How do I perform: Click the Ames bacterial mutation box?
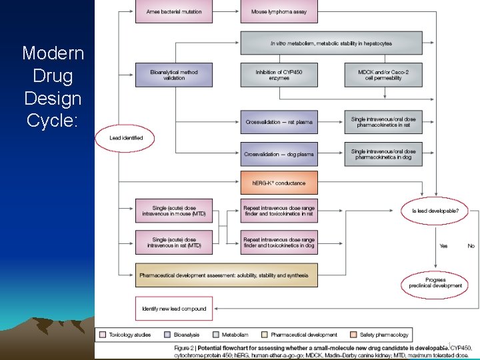(x=174, y=12)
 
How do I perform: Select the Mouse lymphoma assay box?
(x=279, y=12)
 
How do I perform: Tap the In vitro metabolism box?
(x=331, y=43)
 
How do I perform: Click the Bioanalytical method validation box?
(x=174, y=75)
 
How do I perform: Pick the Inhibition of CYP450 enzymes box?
(x=279, y=75)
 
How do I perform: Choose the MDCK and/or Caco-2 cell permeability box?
(x=383, y=75)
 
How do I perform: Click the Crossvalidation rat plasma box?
(x=279, y=122)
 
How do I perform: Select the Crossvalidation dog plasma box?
(x=279, y=154)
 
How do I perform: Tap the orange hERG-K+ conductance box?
(x=279, y=183)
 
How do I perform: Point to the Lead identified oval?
(x=127, y=138)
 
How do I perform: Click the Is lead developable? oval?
(x=439, y=211)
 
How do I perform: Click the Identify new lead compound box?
(x=174, y=309)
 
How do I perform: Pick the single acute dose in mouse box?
(x=174, y=211)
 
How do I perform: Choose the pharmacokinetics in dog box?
(x=383, y=154)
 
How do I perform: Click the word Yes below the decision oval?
(x=443, y=246)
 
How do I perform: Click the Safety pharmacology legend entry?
(x=379, y=335)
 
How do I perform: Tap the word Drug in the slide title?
(x=53, y=75)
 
